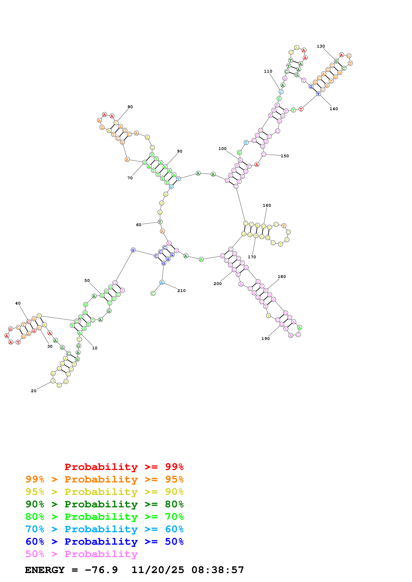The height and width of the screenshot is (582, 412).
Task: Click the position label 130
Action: [321, 46]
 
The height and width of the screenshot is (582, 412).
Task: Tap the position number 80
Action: [130, 107]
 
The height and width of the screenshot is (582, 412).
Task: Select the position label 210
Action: [181, 291]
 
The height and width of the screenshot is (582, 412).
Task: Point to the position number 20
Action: [34, 391]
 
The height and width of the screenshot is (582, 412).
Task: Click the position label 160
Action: [267, 205]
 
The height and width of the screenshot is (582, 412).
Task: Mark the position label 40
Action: [18, 303]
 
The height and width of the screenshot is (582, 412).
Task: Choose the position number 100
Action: [222, 149]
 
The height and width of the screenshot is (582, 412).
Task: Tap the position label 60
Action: [139, 225]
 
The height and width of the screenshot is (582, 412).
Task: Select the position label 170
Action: [252, 257]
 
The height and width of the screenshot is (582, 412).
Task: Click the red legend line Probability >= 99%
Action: [124, 467]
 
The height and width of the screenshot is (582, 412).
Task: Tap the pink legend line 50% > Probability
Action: [81, 554]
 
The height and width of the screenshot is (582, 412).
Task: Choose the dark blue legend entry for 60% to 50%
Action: [104, 542]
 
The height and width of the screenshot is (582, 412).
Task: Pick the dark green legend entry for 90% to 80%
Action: [104, 504]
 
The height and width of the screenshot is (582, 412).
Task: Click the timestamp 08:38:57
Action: [218, 570]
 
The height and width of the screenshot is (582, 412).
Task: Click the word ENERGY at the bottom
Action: [45, 570]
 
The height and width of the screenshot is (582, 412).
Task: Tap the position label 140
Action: [334, 109]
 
